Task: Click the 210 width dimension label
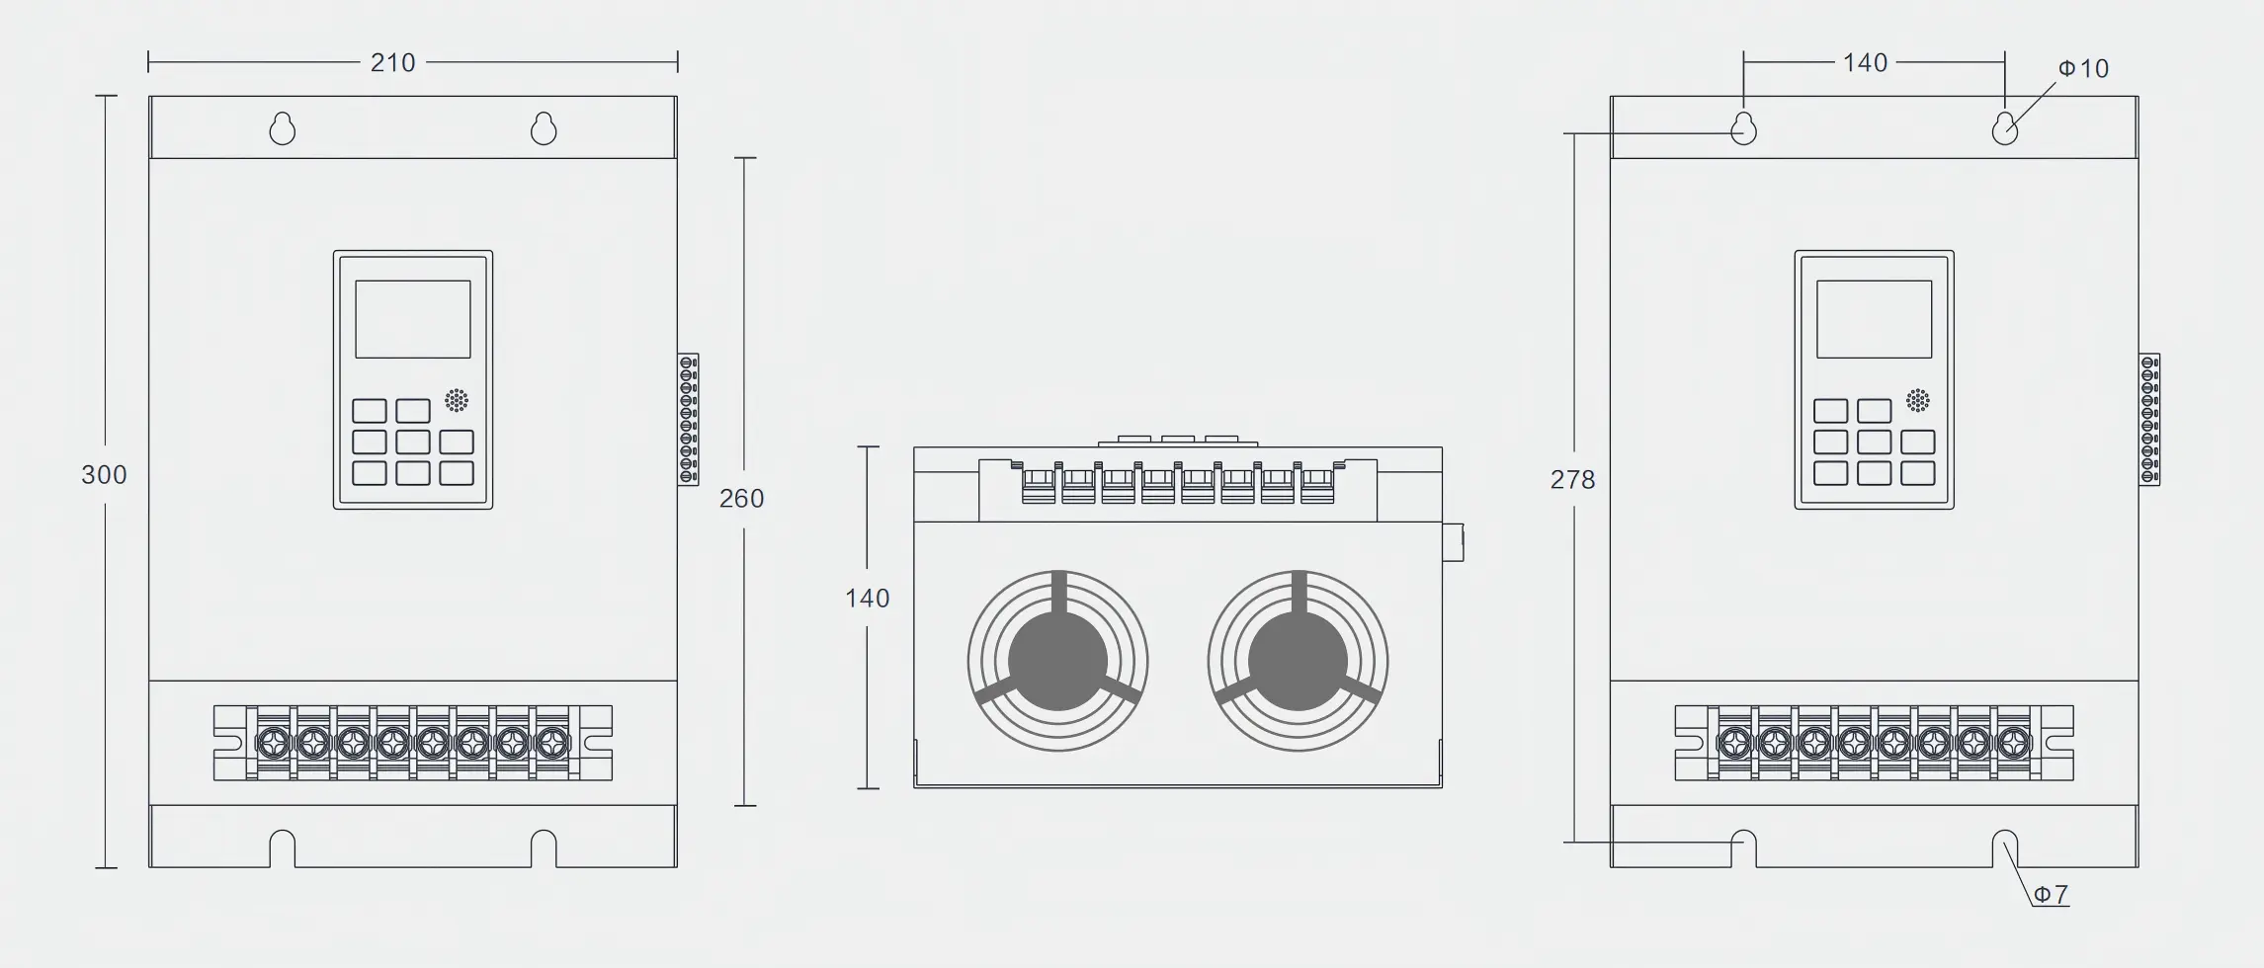pyautogui.click(x=392, y=63)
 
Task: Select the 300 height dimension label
pyautogui.click(x=104, y=475)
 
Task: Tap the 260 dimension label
pyautogui.click(x=741, y=499)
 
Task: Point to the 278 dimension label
pyautogui.click(x=1572, y=480)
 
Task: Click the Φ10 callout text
pyautogui.click(x=2083, y=68)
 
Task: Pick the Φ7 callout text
pyautogui.click(x=2051, y=895)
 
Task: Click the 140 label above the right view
pyautogui.click(x=1865, y=63)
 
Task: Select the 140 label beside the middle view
pyautogui.click(x=867, y=599)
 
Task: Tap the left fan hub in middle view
pyautogui.click(x=1057, y=661)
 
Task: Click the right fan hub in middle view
pyautogui.click(x=1298, y=661)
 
